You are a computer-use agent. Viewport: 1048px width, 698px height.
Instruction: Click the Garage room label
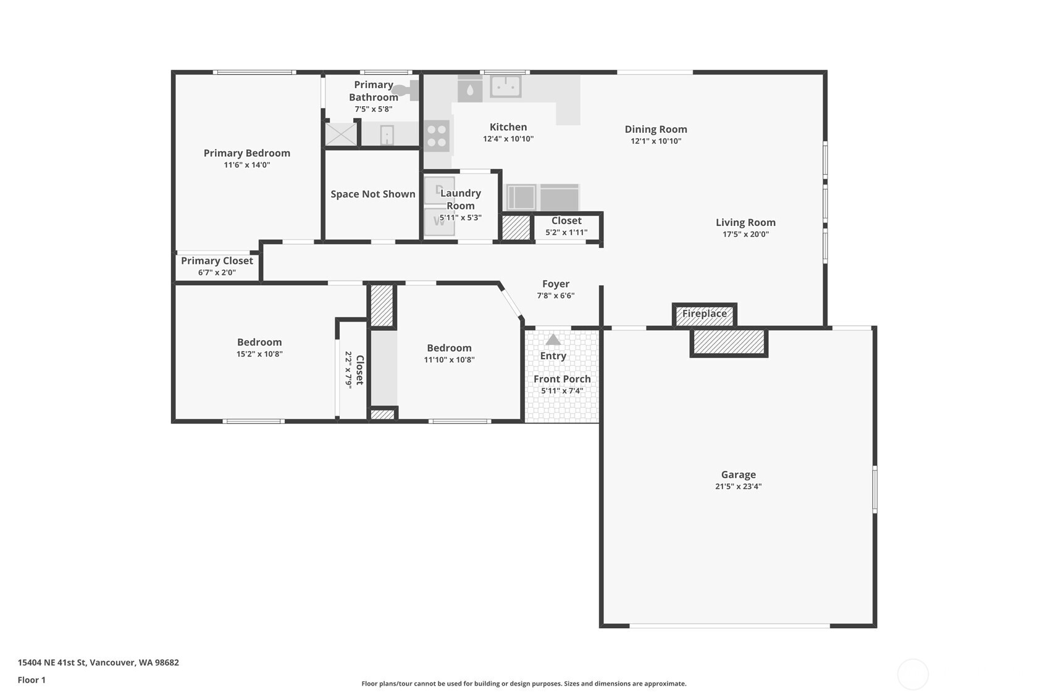pyautogui.click(x=738, y=475)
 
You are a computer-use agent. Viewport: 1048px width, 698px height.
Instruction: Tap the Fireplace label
pyautogui.click(x=704, y=314)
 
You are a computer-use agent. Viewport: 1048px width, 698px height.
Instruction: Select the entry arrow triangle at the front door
pyautogui.click(x=553, y=340)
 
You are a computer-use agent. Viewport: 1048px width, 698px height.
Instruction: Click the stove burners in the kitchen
pyautogui.click(x=437, y=136)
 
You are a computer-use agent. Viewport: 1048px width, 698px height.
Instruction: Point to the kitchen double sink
pyautogui.click(x=506, y=86)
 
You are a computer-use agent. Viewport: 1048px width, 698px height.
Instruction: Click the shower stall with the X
pyautogui.click(x=341, y=135)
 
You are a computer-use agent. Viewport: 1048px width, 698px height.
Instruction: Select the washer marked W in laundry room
pyautogui.click(x=439, y=222)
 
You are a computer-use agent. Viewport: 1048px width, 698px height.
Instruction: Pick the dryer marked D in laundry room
pyautogui.click(x=439, y=190)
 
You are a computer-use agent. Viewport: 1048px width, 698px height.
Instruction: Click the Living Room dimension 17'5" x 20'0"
pyautogui.click(x=745, y=234)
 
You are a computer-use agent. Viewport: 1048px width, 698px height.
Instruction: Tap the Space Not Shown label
pyautogui.click(x=372, y=194)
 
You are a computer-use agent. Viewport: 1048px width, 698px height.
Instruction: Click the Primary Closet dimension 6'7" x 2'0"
pyautogui.click(x=217, y=272)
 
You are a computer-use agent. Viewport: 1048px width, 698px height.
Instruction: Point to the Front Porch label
pyautogui.click(x=562, y=379)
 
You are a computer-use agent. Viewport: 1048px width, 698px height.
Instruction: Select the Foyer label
pyautogui.click(x=555, y=284)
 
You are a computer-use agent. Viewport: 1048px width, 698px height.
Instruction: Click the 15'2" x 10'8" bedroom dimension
pyautogui.click(x=259, y=354)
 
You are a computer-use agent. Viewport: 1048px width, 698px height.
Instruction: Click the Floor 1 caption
pyautogui.click(x=31, y=679)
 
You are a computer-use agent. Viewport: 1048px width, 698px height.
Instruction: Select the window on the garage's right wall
pyautogui.click(x=874, y=489)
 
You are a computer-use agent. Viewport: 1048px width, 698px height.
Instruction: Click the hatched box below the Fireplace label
pyautogui.click(x=729, y=342)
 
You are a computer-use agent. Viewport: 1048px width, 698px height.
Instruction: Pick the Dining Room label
pyautogui.click(x=655, y=129)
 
